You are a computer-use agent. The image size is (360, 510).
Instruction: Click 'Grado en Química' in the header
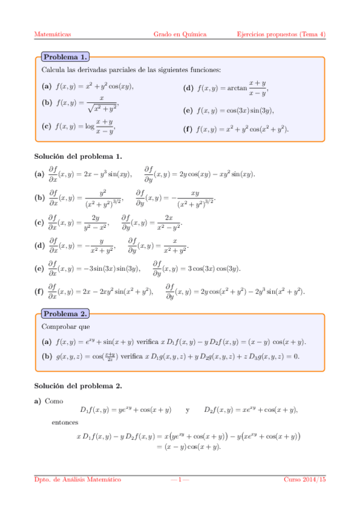[x=180, y=34]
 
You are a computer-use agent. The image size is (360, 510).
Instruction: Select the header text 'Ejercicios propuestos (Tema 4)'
[x=281, y=34]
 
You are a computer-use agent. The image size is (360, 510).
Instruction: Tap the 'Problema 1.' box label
[x=64, y=57]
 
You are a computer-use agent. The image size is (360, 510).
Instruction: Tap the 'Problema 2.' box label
[x=64, y=313]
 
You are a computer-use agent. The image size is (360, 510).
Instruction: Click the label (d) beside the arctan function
[x=188, y=88]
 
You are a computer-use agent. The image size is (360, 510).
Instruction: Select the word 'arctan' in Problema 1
[x=237, y=88]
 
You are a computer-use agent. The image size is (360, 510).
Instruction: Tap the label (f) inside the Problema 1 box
[x=188, y=129]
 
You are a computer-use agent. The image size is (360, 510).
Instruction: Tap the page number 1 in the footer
[x=180, y=479]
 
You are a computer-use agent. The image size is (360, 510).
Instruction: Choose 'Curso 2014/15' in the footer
[x=305, y=479]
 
